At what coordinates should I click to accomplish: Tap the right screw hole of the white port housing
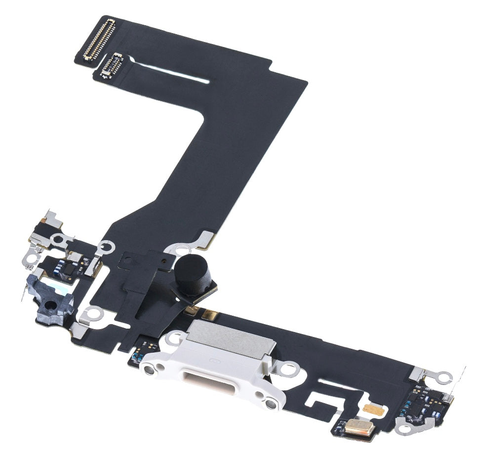click(270, 404)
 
